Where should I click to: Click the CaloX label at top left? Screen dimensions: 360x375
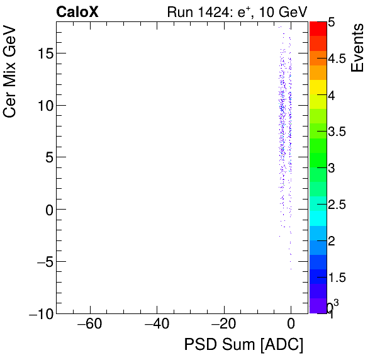coord(77,11)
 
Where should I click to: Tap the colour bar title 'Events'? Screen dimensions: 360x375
coord(358,48)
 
